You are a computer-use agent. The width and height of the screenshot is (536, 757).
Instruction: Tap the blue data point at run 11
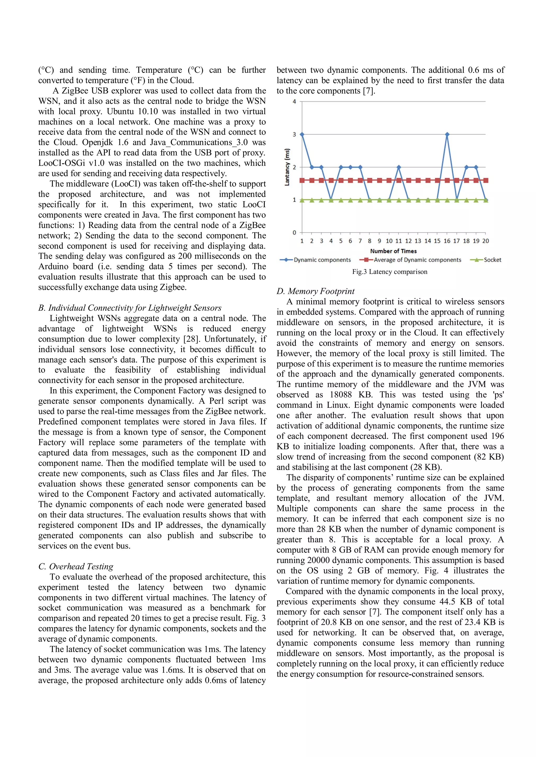[399, 167]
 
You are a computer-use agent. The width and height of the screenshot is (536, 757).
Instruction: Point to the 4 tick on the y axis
[294, 101]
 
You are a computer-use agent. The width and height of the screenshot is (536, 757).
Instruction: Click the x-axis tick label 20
[485, 241]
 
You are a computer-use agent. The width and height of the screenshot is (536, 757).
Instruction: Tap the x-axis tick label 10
[389, 241]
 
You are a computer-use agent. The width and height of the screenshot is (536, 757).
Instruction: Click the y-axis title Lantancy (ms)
[287, 167]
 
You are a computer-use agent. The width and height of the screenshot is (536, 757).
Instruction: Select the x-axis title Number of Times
[393, 251]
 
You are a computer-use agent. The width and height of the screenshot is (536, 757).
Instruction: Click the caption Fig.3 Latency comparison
[389, 272]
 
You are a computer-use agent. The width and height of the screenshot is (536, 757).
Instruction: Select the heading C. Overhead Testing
[76, 566]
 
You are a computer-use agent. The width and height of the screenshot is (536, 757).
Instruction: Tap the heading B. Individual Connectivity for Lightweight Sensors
[130, 308]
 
